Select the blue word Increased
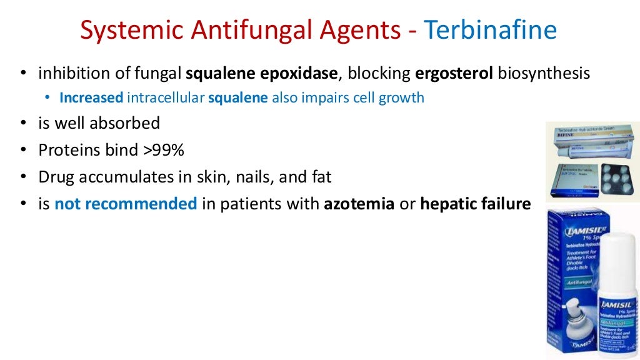(91, 97)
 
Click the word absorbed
(124, 123)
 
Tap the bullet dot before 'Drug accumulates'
(23, 177)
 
